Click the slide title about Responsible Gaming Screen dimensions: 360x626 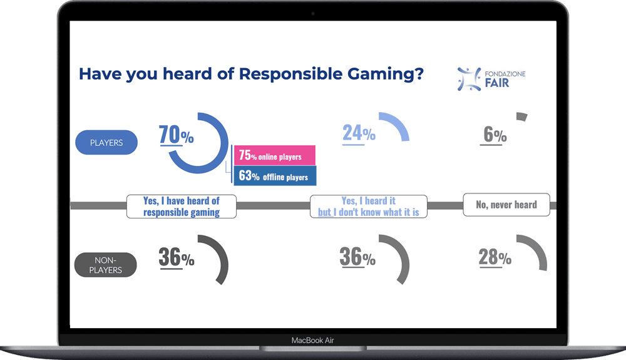point(251,74)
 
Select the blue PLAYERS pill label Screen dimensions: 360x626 point(106,143)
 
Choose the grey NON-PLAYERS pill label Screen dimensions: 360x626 point(105,265)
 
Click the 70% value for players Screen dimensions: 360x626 point(176,135)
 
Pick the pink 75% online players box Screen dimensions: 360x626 point(274,156)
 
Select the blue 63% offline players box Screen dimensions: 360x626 point(275,176)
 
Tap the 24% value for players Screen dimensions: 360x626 point(359,133)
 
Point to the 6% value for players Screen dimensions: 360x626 point(494,135)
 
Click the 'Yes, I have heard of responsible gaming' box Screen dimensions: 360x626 point(182,206)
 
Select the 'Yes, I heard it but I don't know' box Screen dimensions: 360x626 point(369,206)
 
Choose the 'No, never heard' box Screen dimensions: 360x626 point(506,205)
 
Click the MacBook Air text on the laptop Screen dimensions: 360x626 point(317,341)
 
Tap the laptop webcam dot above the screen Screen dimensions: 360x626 point(313,13)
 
